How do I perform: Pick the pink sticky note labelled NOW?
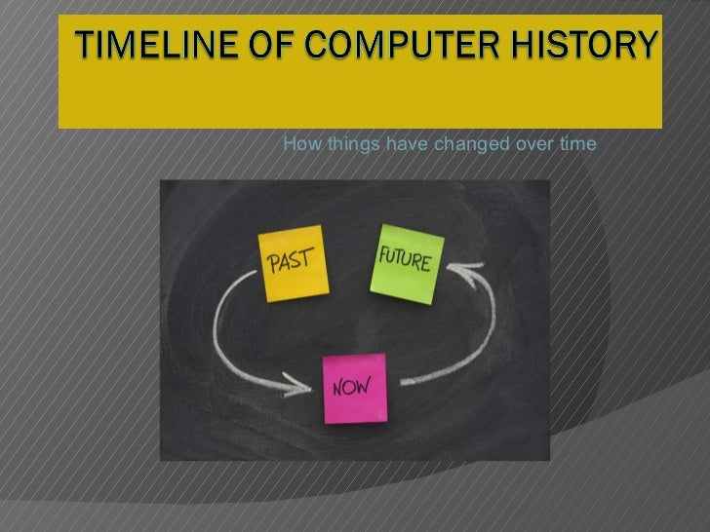[354, 387]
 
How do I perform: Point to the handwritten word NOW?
[352, 386]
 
